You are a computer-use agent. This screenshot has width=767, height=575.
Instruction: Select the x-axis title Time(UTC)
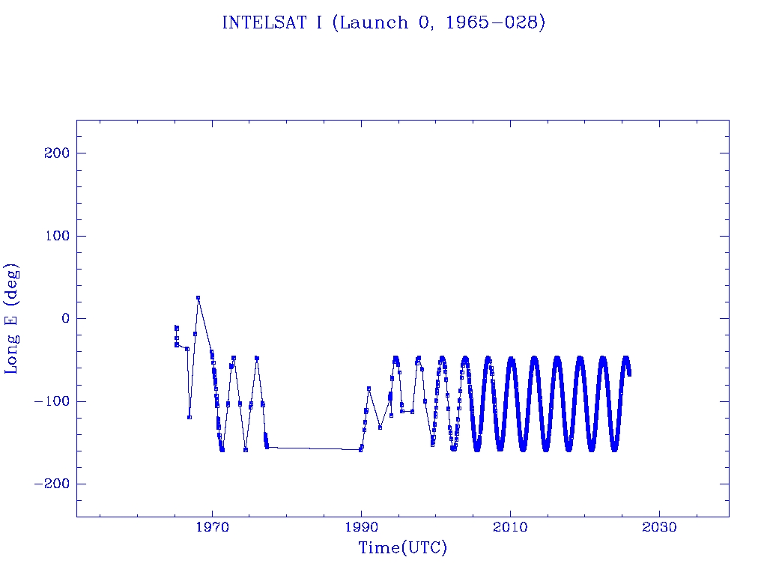[402, 548]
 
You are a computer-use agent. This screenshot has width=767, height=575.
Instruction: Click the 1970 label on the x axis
[212, 528]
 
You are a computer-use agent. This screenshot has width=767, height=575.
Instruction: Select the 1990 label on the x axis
[361, 528]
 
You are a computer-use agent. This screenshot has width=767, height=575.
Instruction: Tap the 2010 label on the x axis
[510, 528]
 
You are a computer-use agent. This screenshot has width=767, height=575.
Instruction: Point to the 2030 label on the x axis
[659, 528]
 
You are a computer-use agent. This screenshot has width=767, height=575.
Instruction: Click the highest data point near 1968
[198, 298]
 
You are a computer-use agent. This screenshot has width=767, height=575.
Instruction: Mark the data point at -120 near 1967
[190, 417]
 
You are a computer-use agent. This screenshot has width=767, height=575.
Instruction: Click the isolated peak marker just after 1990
[369, 388]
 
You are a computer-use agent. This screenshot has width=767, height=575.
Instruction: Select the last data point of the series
[629, 374]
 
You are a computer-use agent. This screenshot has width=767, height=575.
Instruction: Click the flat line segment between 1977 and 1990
[315, 448]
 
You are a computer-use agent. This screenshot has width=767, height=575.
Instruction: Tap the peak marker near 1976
[257, 358]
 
